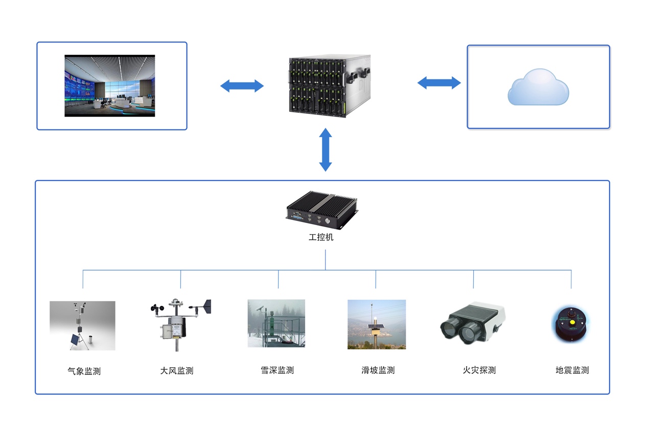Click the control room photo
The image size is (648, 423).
point(109,85)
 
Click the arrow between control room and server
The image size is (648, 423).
point(242,85)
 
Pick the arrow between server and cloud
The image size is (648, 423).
point(439,82)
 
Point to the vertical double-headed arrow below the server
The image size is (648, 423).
point(326,149)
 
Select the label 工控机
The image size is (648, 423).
point(321,237)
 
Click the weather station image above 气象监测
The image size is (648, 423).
point(82,325)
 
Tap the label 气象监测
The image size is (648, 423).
point(84,371)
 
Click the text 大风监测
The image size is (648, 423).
point(177,370)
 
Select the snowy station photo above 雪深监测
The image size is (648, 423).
point(276,323)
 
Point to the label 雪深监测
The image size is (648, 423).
point(277,370)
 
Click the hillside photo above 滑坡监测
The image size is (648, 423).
point(377,324)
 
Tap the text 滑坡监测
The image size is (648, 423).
point(378,370)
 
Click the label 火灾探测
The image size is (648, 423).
point(479,370)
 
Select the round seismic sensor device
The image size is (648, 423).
point(571,324)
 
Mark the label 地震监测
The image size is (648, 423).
point(572,370)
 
